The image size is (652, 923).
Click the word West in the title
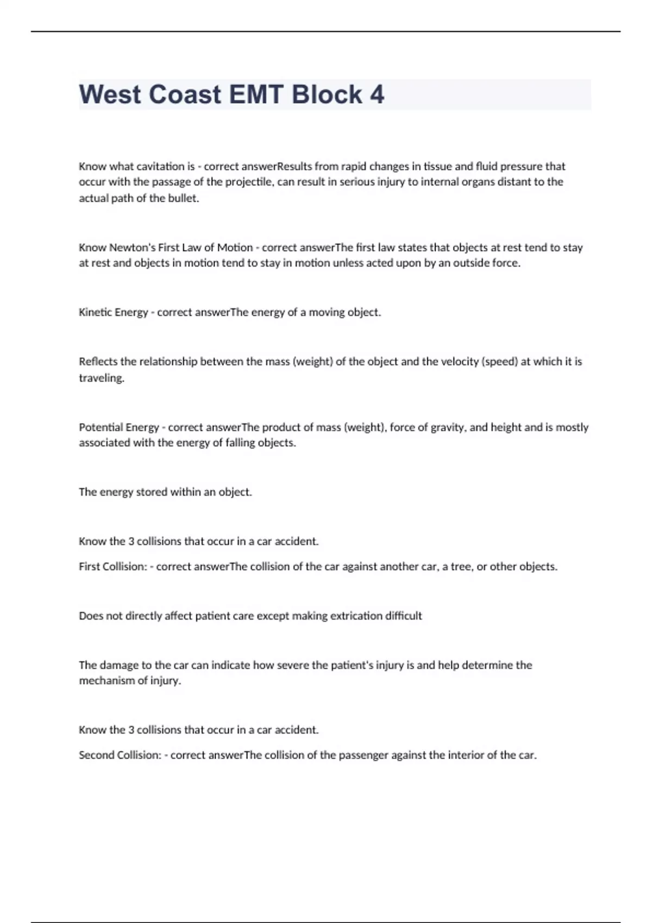coord(109,94)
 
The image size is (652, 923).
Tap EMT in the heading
coord(256,94)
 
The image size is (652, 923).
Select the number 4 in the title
coord(377,94)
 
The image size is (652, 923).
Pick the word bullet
coord(182,198)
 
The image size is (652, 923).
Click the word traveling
coord(102,378)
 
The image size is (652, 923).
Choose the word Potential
coord(102,427)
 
